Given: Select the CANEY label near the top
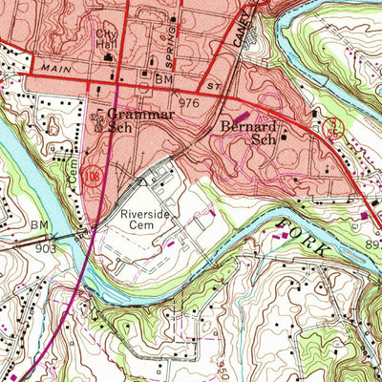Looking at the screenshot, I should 239,31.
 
